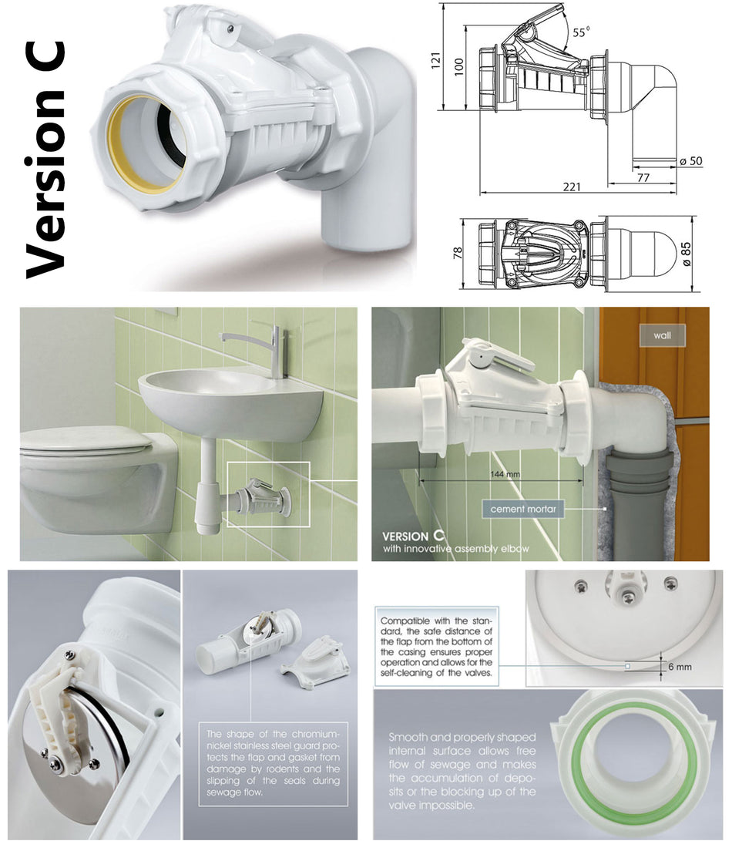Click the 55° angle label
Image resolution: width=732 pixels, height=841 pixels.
(580, 32)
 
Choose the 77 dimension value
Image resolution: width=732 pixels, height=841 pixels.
(643, 177)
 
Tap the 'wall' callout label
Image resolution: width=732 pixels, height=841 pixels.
(660, 336)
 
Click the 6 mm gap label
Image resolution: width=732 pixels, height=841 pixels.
(679, 667)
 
